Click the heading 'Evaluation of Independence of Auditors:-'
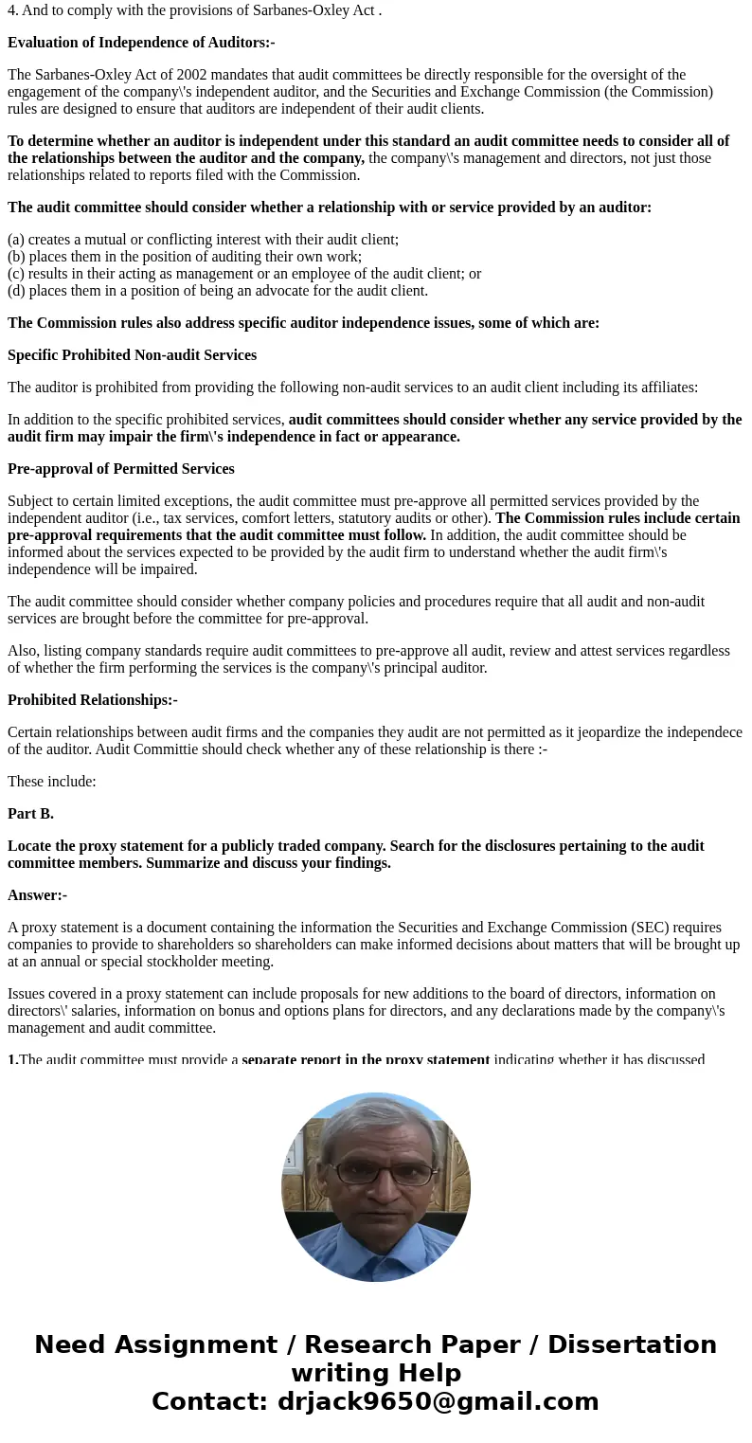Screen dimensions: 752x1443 (x=141, y=43)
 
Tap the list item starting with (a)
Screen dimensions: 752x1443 (x=203, y=240)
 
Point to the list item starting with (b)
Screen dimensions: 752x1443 (x=185, y=257)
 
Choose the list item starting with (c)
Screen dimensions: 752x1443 (x=244, y=274)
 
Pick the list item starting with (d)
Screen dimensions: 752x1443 (x=218, y=291)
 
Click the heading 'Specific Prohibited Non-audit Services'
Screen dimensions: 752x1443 (x=132, y=355)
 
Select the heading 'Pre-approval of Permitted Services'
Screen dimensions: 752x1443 (x=120, y=469)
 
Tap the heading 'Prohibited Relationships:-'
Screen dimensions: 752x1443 (x=93, y=700)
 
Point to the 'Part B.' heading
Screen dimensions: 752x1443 (x=30, y=814)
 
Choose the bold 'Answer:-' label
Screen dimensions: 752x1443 (x=37, y=895)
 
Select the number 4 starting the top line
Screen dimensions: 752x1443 (x=11, y=10)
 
